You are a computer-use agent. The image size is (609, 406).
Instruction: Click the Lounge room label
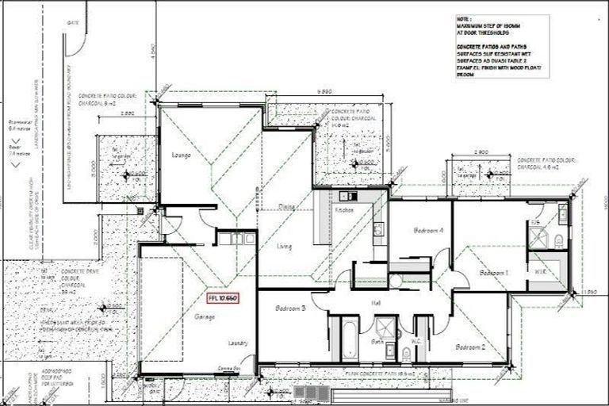(182, 155)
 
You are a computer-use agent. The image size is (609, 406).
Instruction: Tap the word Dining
(286, 206)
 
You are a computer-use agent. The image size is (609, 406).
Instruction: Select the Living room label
(284, 247)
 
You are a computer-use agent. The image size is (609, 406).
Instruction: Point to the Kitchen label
(343, 211)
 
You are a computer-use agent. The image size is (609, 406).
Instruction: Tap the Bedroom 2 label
(470, 347)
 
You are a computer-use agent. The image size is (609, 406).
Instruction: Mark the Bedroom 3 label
(291, 308)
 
